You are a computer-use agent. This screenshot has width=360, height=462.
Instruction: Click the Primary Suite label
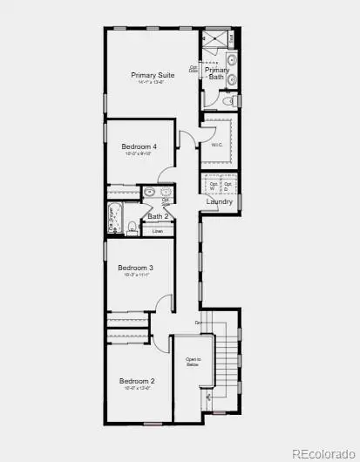coord(153,75)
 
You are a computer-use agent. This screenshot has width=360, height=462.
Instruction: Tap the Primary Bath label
coord(217,73)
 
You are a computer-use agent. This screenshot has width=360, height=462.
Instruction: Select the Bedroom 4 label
coord(139,146)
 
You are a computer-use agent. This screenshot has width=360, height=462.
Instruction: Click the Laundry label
coord(220,202)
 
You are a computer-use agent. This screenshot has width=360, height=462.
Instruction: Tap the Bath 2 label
coord(158,217)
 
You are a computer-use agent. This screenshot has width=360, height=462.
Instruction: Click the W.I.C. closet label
coord(218,145)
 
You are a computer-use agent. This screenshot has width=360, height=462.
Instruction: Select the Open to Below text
coord(194,363)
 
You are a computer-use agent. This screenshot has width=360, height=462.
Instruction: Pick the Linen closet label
coord(158,231)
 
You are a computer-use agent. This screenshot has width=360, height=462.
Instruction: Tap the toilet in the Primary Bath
coord(227,102)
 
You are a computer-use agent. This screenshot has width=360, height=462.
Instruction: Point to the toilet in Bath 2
coord(130,228)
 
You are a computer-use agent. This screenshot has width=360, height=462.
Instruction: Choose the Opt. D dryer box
coord(228,186)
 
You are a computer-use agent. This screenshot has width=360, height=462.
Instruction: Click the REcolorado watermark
coord(323,452)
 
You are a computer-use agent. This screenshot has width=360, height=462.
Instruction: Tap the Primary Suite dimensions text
coord(153,83)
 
